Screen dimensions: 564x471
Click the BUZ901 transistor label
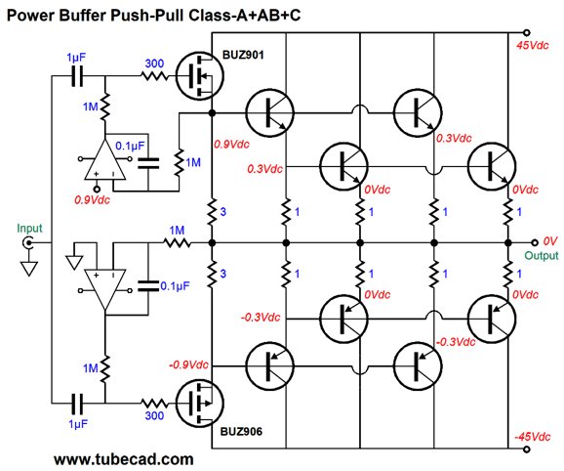point(243,55)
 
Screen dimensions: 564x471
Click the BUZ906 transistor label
point(241,431)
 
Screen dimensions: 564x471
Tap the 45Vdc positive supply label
point(533,45)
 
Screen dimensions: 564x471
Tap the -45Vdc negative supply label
point(532,437)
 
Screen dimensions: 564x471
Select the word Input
point(29,229)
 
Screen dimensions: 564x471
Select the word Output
point(542,256)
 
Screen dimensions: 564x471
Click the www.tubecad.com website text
point(124,459)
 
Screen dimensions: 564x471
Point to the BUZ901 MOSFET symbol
point(200,76)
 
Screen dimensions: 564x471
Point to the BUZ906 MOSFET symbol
point(200,403)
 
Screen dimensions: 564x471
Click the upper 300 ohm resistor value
point(154,64)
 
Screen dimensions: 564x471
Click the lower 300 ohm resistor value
point(154,415)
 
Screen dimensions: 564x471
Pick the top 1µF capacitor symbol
point(77,76)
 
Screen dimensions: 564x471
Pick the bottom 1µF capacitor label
point(78,424)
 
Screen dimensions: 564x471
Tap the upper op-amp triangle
point(105,159)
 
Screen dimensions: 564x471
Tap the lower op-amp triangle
point(105,289)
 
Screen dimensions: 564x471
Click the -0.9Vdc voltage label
point(188,364)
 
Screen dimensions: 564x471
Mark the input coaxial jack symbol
point(28,242)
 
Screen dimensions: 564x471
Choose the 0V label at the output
point(550,241)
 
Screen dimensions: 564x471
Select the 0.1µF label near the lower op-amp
point(175,286)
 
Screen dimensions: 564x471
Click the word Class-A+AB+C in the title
point(244,15)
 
